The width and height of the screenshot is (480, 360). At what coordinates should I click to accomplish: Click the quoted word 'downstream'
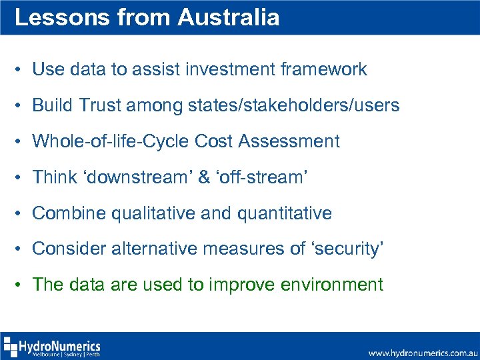pos(137,177)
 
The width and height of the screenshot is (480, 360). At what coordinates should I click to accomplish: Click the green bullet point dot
pos(21,285)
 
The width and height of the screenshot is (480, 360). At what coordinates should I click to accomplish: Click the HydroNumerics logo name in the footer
pos(59,345)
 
